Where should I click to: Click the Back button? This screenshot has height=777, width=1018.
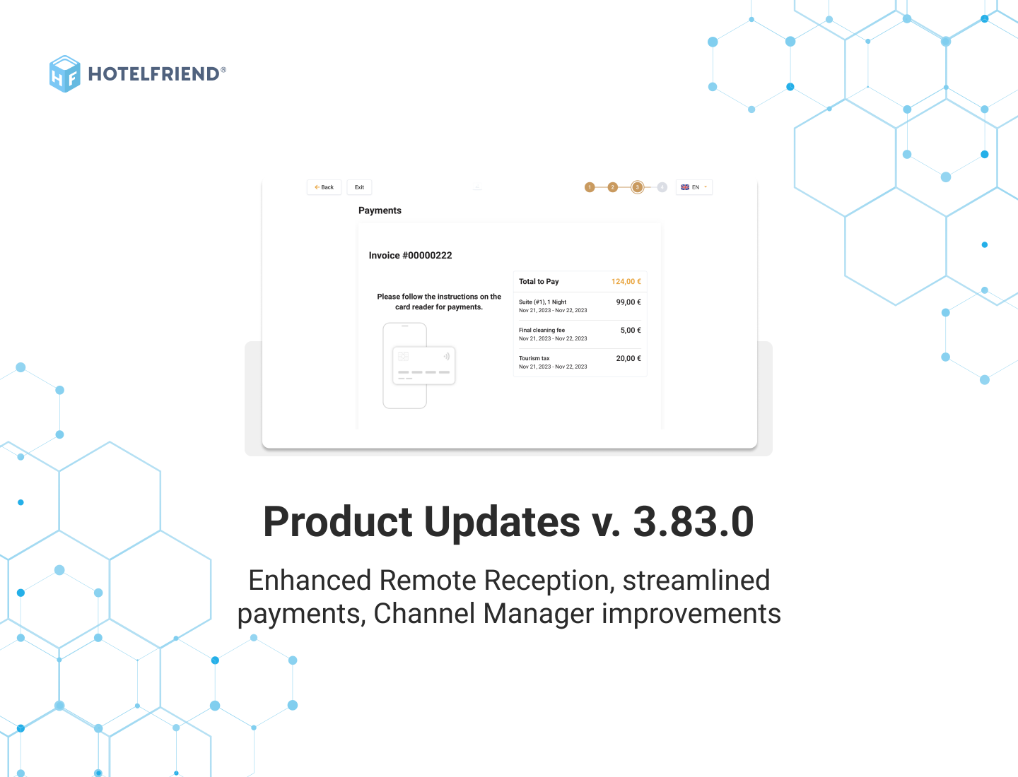(x=324, y=187)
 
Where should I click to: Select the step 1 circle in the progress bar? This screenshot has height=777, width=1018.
(x=590, y=187)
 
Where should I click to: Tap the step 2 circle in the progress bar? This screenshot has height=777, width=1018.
(x=613, y=187)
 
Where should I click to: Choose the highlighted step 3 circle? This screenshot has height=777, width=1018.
(x=637, y=187)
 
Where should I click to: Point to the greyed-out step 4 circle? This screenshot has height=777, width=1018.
(x=662, y=187)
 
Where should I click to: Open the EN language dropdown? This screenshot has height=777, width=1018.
(x=694, y=187)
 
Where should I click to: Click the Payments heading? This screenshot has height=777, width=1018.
(x=380, y=210)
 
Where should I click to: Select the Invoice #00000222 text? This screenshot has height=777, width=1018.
(x=410, y=256)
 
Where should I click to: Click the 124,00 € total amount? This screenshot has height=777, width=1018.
(x=626, y=282)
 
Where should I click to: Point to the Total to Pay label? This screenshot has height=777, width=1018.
(x=539, y=282)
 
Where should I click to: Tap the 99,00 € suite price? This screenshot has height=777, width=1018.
(x=628, y=302)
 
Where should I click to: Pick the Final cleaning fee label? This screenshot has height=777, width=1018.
(x=542, y=330)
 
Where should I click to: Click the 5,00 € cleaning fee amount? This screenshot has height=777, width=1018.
(x=631, y=331)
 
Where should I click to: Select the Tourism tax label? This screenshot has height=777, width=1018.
(x=534, y=358)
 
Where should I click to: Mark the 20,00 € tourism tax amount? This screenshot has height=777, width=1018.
(x=628, y=359)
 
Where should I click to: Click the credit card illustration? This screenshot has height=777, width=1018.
(x=423, y=365)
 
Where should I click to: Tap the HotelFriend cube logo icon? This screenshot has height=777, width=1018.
(x=64, y=74)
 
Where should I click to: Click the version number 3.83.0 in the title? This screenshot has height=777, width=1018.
(x=693, y=522)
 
